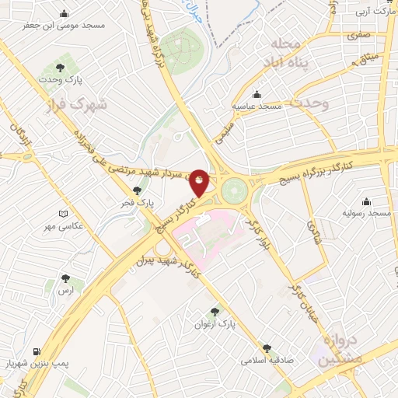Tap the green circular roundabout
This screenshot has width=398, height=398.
(x=232, y=189)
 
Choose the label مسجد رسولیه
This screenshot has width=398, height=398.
(x=368, y=213)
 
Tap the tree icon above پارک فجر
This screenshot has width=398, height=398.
(x=138, y=190)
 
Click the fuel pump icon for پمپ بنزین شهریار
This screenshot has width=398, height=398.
(x=37, y=351)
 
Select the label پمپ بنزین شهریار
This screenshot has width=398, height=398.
(x=36, y=364)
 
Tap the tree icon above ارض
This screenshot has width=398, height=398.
(x=64, y=277)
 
